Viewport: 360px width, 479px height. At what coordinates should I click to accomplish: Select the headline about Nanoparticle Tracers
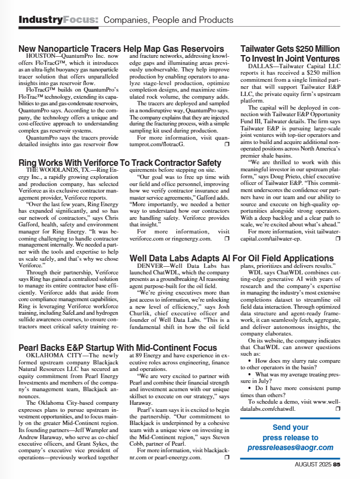pos(121,49)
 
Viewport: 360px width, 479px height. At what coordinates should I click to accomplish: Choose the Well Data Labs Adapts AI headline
pos(232,258)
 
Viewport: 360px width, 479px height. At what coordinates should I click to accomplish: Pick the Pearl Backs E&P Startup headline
pos(118,348)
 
